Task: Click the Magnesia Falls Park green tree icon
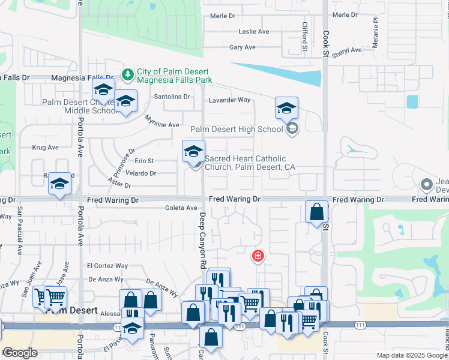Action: (x=127, y=74)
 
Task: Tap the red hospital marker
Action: (x=258, y=257)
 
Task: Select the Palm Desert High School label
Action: (x=237, y=129)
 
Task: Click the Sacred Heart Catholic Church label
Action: (x=250, y=163)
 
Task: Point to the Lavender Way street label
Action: (x=229, y=100)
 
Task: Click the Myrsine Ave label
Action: (x=162, y=121)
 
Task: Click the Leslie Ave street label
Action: (x=254, y=31)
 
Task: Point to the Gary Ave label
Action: (x=243, y=47)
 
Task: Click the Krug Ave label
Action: (x=45, y=147)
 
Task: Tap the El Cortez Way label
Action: (x=107, y=266)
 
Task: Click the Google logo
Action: (x=20, y=353)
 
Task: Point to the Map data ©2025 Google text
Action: (x=411, y=355)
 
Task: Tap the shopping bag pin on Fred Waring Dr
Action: (x=316, y=212)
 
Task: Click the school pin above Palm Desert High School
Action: (x=287, y=109)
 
